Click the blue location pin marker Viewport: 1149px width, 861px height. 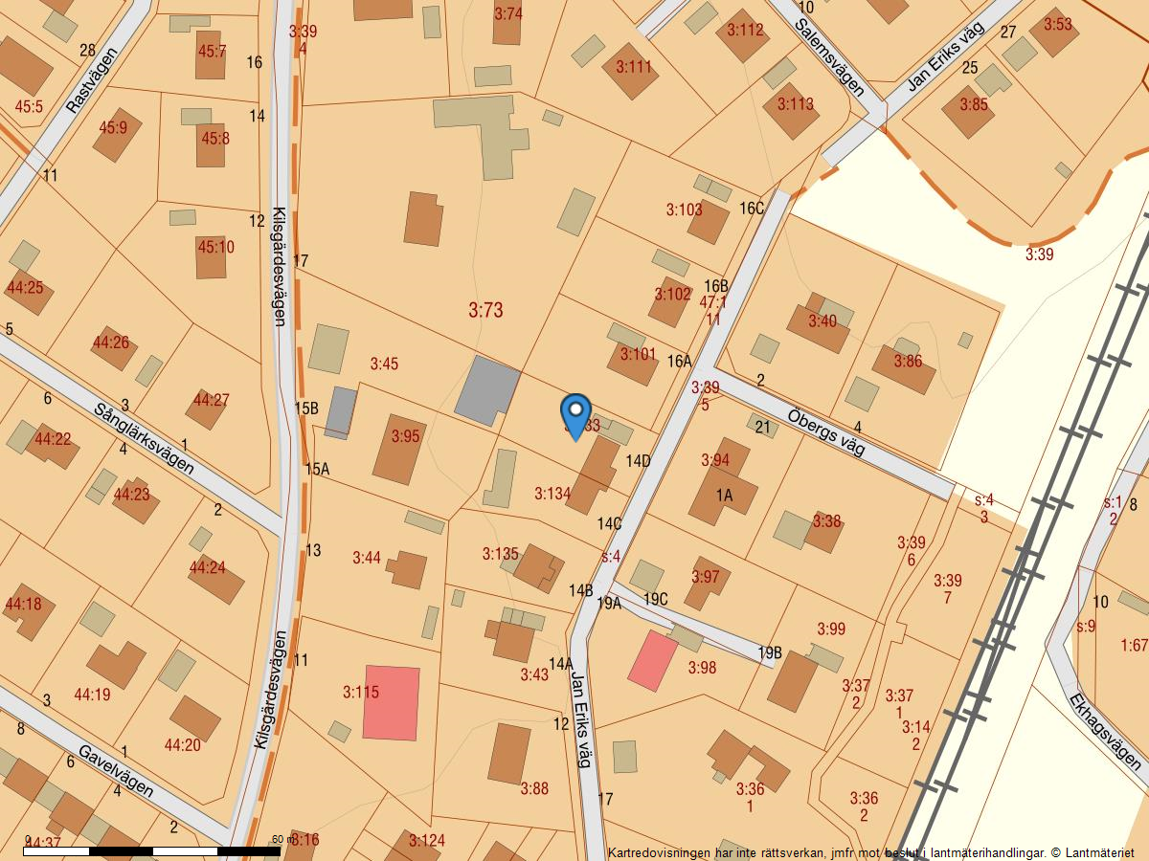click(x=574, y=413)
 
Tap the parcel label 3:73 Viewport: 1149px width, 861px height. click(x=485, y=310)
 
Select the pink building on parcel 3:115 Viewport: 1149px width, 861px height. click(x=391, y=702)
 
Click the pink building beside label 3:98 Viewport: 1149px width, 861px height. click(x=652, y=660)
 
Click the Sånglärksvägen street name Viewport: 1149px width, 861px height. click(x=144, y=439)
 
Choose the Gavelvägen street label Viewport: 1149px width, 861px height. click(x=116, y=771)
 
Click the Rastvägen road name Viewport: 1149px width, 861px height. click(x=92, y=81)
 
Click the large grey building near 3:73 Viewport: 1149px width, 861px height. click(x=485, y=389)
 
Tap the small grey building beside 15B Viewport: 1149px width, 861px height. click(x=340, y=412)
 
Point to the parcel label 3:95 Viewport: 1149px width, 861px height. click(x=405, y=436)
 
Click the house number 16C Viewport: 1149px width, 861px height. click(x=752, y=209)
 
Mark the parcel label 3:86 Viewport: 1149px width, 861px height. click(x=908, y=362)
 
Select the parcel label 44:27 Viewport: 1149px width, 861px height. click(x=211, y=400)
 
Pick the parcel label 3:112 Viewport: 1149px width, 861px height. click(x=745, y=30)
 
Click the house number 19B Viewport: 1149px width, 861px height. click(x=770, y=653)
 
